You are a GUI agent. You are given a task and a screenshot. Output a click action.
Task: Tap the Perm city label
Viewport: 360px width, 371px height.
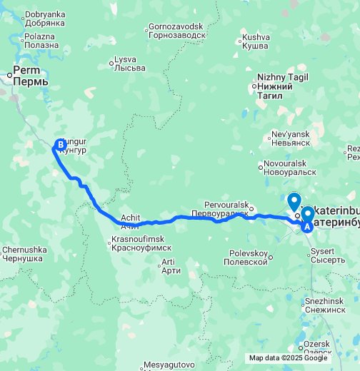29,76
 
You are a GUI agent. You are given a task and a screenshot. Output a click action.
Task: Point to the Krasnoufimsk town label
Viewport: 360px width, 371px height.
137,243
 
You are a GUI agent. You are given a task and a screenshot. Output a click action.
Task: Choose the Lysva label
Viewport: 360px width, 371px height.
129,63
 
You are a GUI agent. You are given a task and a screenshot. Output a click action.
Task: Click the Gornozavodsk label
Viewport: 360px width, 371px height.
175,31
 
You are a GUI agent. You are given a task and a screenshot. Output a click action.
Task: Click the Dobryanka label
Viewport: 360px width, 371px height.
44,19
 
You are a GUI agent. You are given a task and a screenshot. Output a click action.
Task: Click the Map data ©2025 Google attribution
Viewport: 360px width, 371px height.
288,358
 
